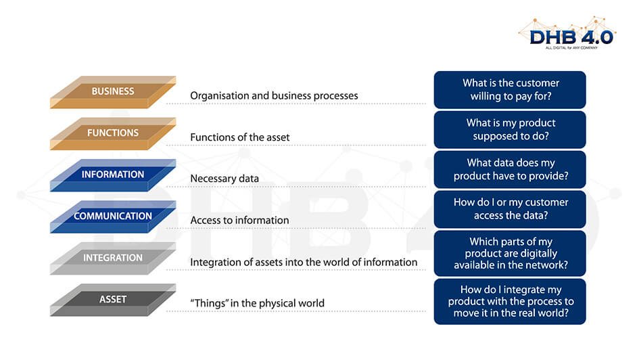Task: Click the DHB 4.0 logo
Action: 567,33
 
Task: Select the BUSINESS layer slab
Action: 113,92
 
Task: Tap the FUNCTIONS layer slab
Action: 113,134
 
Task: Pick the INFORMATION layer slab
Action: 113,175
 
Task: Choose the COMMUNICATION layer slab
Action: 113,217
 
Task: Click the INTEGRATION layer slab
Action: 113,258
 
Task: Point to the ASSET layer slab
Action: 113,300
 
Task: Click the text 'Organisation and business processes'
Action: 274,96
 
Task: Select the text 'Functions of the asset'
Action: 239,137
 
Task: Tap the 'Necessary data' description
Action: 224,179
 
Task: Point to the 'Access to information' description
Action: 239,220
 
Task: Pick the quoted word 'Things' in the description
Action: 210,303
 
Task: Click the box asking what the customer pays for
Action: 510,90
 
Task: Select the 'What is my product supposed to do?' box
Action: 510,130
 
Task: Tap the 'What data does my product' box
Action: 510,170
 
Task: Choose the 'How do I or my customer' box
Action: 510,209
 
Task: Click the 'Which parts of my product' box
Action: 510,253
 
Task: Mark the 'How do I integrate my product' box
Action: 510,301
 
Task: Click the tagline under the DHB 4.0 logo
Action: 571,47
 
